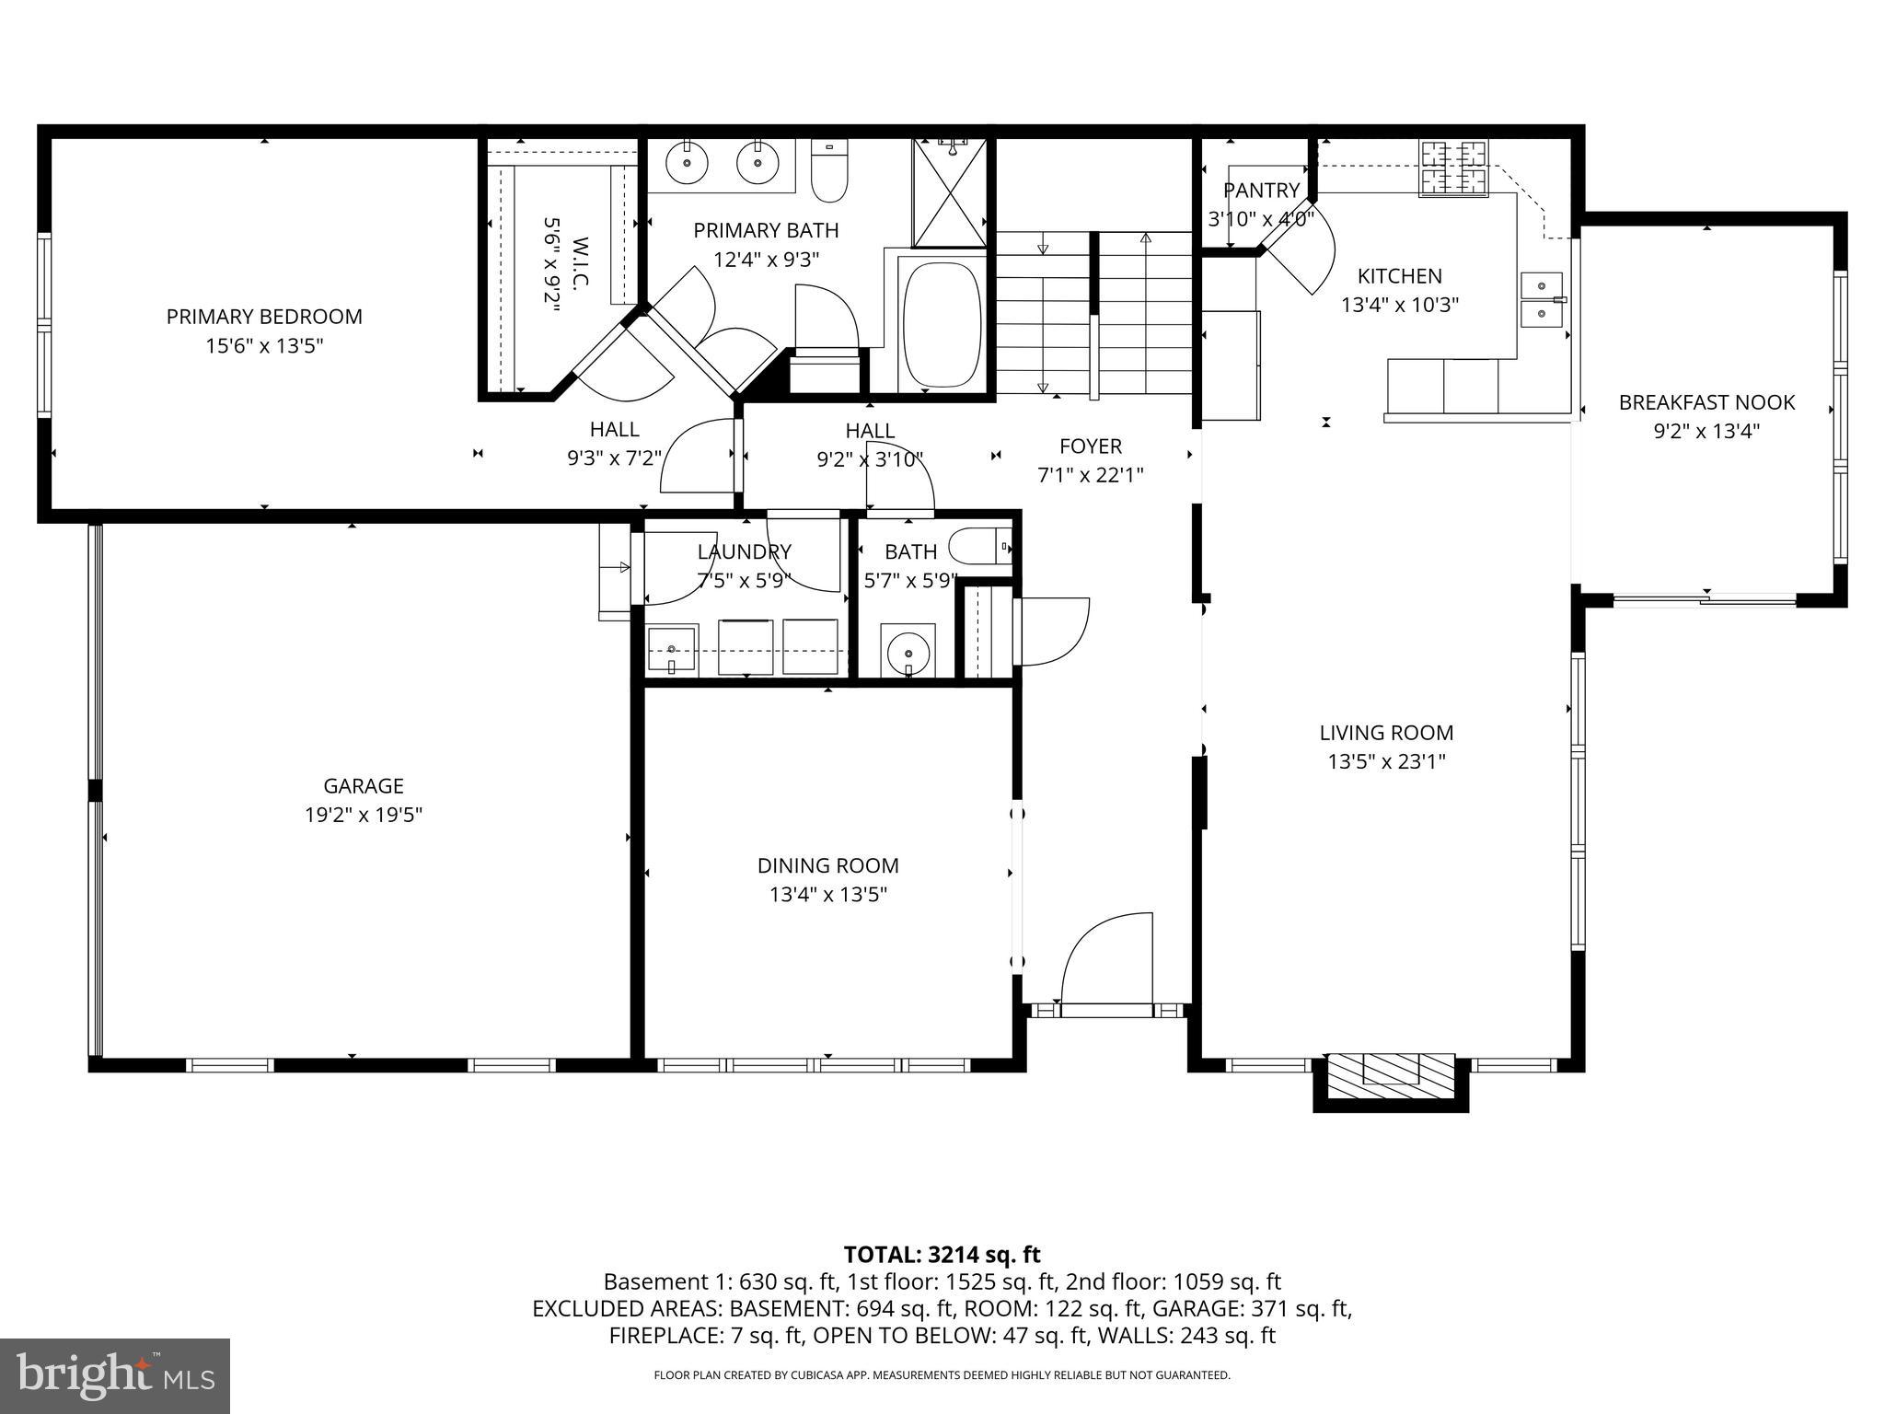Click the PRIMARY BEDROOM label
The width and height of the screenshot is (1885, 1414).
264,317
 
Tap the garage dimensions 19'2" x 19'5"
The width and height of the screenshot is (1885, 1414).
364,815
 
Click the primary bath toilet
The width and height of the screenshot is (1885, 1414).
829,172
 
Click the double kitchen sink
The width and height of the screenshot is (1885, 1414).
1542,300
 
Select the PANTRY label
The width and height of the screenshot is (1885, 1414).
1261,191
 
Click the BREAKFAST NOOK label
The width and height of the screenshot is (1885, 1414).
1706,402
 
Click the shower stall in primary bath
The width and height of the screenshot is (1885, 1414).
950,192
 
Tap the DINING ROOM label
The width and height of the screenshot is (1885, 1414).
827,865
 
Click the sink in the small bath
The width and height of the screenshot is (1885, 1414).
908,651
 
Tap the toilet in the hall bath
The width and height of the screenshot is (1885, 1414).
978,546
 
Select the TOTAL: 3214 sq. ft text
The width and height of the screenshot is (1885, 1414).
942,1255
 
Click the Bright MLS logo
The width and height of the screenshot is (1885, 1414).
115,1376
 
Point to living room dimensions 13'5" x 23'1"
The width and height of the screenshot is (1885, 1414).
1386,761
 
